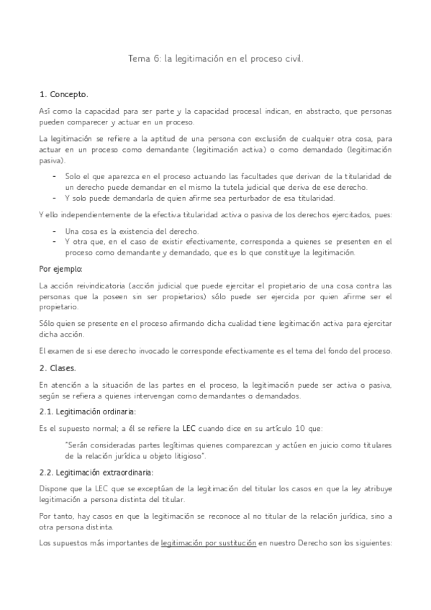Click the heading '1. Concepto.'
pos(63,94)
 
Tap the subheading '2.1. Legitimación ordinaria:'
pos(87,411)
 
